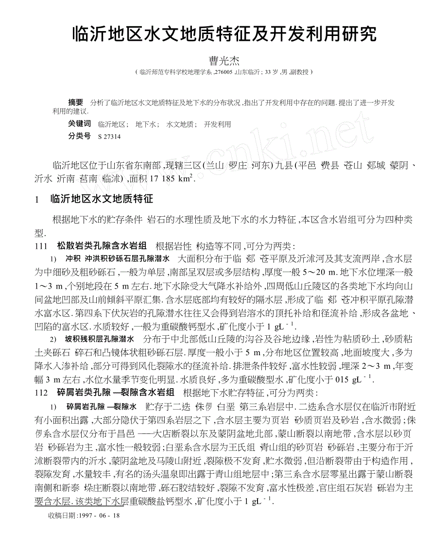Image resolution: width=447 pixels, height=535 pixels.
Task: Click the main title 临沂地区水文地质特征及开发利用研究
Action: tap(223, 35)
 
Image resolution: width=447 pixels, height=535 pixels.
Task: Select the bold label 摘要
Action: tap(75, 102)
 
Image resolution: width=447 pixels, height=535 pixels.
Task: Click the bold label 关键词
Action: tap(79, 124)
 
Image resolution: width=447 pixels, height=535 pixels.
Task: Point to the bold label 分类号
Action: tap(79, 137)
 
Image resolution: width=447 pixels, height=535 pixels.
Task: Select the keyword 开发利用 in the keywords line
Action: tap(217, 124)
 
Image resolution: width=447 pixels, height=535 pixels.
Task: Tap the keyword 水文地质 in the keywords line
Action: tap(180, 124)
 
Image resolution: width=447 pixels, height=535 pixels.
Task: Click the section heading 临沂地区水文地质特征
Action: tap(102, 199)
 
